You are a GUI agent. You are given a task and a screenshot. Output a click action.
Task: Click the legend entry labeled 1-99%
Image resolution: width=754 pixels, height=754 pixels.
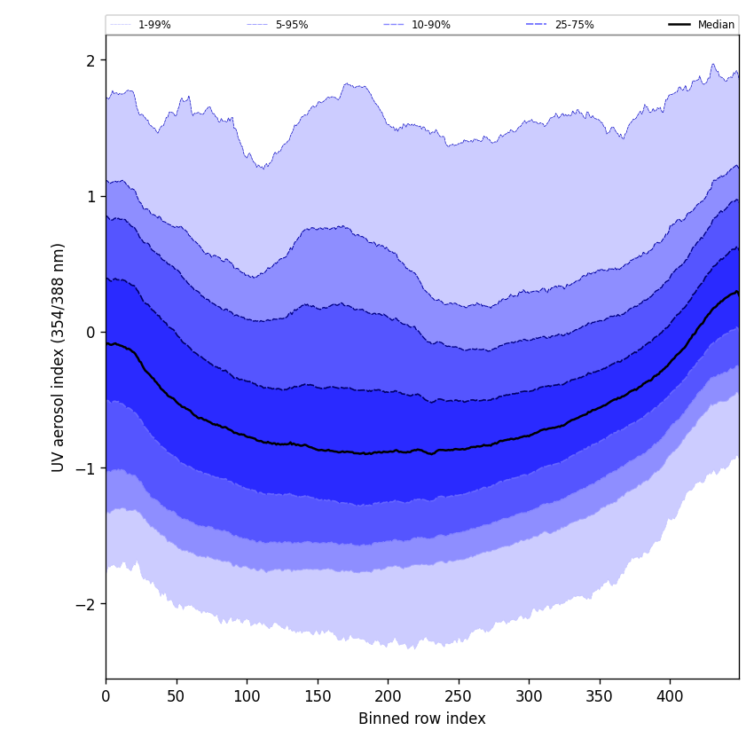point(153,25)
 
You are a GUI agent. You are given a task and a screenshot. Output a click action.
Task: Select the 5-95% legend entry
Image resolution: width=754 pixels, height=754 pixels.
point(291,25)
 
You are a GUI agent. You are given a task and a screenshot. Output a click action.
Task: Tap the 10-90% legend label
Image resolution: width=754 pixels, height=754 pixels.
point(430,25)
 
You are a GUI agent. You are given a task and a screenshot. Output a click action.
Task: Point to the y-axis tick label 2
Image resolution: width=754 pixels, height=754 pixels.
point(90,60)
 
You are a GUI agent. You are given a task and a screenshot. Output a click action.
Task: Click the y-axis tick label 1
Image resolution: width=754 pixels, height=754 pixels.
point(90,196)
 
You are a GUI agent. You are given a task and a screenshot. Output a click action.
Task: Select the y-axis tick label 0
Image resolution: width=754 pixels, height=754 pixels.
point(90,332)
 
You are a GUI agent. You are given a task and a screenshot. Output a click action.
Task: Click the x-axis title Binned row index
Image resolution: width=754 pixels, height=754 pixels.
point(422,719)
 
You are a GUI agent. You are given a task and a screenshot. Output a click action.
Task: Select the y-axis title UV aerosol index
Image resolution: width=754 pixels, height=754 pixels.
point(59,357)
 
